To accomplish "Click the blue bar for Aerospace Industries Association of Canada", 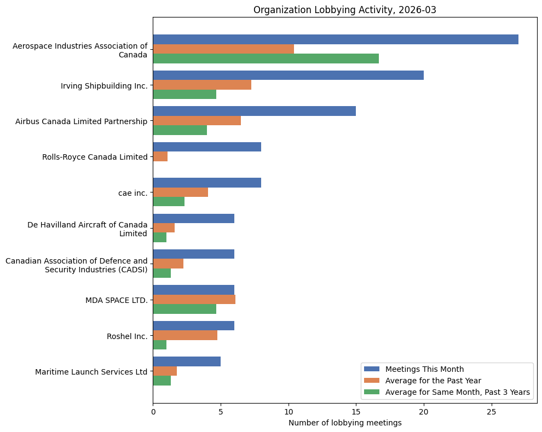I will [x=335, y=39].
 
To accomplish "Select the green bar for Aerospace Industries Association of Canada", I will [x=266, y=59].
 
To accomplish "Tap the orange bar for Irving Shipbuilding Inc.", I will [x=201, y=85].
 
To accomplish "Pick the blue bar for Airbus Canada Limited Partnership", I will [x=254, y=111].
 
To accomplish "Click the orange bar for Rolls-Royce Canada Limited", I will [x=160, y=156].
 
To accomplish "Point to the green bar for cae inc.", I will [x=169, y=201].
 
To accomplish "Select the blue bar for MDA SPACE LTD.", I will [x=193, y=290].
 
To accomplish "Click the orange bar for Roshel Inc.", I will [x=185, y=335].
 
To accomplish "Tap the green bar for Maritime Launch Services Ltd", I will [x=162, y=381].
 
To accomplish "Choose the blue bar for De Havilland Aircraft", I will [x=193, y=218].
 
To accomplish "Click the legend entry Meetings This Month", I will [x=424, y=369].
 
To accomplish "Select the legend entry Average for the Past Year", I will [x=433, y=380].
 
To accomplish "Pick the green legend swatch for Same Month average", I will [x=372, y=392].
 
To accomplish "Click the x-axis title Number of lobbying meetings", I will [x=345, y=423].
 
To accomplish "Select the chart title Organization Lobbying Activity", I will [x=344, y=10].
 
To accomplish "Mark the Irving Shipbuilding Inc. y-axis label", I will [x=104, y=86].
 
